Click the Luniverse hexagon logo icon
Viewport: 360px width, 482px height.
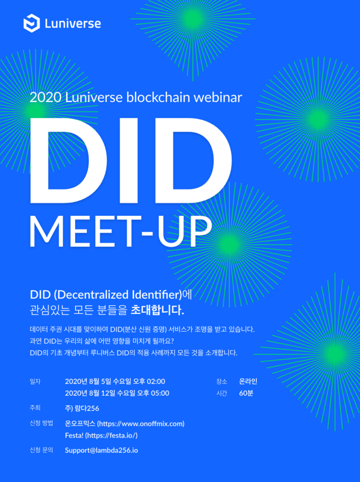pyautogui.click(x=31, y=23)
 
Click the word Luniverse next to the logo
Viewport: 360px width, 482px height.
pyautogui.click(x=73, y=24)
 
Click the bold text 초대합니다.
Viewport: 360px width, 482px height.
pyautogui.click(x=157, y=310)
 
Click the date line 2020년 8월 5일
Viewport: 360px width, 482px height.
pyautogui.click(x=88, y=381)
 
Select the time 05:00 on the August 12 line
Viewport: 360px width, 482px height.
pyautogui.click(x=160, y=393)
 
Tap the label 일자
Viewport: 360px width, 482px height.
pyautogui.click(x=35, y=381)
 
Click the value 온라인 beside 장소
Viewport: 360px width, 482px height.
pyautogui.click(x=248, y=381)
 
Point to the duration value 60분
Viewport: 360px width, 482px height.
pyautogui.click(x=246, y=393)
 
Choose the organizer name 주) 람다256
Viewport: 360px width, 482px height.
pyautogui.click(x=82, y=408)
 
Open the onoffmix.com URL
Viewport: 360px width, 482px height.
pyautogui.click(x=141, y=424)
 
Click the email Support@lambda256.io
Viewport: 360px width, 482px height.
pyautogui.click(x=101, y=450)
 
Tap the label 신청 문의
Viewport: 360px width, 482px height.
pyautogui.click(x=41, y=450)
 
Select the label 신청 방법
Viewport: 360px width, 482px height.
pyautogui.click(x=41, y=423)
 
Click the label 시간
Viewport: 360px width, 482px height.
pyautogui.click(x=221, y=393)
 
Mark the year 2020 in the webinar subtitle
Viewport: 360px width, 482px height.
pyautogui.click(x=46, y=98)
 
